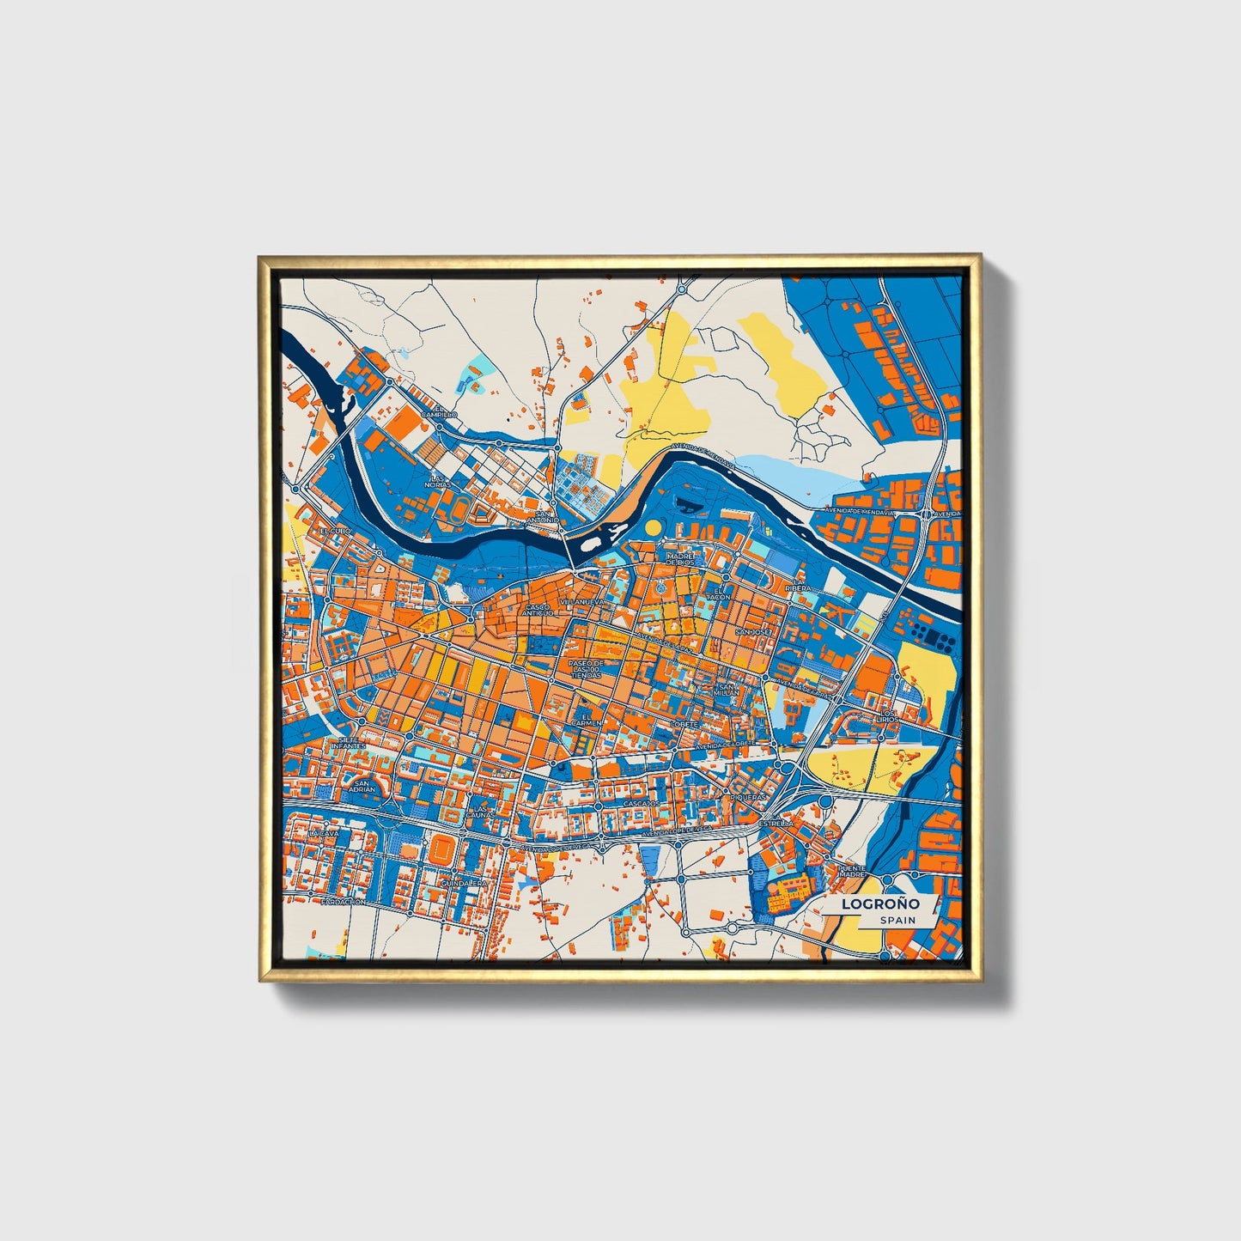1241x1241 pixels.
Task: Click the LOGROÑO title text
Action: [880, 903]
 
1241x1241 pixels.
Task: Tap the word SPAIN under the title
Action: [897, 920]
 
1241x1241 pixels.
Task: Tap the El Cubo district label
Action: [337, 532]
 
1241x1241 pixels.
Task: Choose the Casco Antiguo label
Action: [538, 610]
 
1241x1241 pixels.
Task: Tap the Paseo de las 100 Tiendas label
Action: [587, 669]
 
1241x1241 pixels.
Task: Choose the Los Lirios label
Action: [887, 716]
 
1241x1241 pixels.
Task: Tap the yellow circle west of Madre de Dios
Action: [654, 526]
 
